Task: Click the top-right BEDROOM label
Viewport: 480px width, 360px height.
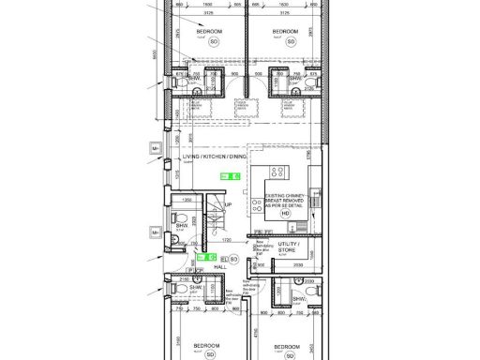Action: (285, 31)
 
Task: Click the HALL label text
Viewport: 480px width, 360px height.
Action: (220, 266)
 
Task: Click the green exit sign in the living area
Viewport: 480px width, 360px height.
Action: (231, 175)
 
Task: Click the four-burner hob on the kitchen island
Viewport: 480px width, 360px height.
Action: (278, 172)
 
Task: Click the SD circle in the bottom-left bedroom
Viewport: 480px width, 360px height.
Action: (207, 356)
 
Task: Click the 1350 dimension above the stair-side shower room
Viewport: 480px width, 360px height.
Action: (187, 200)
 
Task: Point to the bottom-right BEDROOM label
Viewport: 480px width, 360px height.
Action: (286, 345)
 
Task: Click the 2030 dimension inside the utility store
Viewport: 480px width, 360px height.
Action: (296, 265)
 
